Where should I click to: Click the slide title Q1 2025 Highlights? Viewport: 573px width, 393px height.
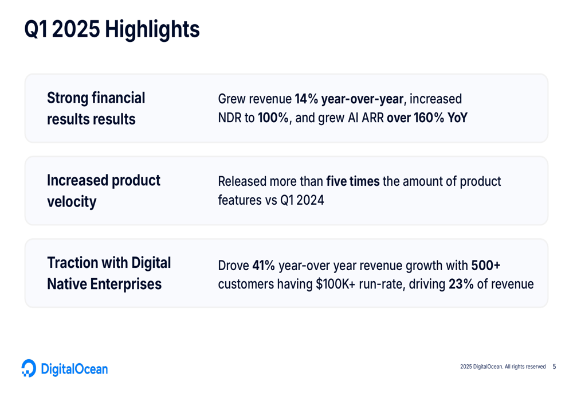112,29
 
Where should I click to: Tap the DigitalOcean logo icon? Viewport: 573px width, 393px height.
29,368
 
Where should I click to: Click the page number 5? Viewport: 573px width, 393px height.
554,366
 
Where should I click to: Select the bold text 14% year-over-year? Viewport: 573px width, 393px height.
349,99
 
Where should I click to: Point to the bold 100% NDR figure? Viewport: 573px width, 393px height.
273,118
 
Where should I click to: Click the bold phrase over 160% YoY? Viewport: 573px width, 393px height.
427,118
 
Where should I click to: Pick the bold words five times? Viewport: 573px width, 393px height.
352,181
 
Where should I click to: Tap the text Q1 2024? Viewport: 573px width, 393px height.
302,200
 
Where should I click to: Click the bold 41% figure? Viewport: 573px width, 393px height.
264,265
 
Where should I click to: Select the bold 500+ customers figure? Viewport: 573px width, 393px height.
486,265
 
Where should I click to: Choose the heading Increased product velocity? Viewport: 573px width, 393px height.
103,190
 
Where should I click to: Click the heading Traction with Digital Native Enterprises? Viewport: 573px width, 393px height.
109,273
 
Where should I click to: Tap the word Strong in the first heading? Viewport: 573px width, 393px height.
68,98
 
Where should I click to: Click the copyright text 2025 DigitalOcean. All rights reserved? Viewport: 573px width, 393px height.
503,367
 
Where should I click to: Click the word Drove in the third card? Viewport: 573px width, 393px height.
234,265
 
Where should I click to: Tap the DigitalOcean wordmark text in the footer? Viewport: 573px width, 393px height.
74,369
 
